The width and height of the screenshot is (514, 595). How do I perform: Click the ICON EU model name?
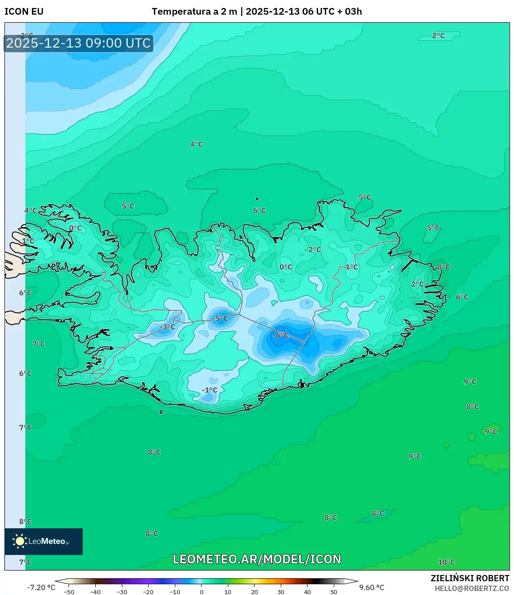[24, 12]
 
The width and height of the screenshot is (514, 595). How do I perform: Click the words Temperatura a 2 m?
[194, 12]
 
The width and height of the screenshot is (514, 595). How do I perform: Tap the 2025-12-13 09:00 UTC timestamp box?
[78, 43]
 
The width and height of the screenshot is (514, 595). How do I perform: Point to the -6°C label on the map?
[280, 335]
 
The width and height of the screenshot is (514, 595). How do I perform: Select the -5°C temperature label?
[219, 318]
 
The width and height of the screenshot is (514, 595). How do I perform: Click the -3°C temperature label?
[167, 327]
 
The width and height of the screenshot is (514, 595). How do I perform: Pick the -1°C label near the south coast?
[209, 390]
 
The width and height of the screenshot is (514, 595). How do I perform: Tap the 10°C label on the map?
[446, 562]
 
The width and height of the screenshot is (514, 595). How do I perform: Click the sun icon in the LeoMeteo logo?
[20, 541]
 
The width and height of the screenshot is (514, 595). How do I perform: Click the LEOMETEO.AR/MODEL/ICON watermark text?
[257, 559]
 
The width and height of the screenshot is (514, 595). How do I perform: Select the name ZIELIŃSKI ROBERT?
[469, 578]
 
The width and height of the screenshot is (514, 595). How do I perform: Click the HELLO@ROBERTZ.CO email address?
[472, 588]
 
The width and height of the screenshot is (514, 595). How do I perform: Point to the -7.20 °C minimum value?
[41, 587]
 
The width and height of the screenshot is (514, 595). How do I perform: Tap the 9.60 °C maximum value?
[372, 587]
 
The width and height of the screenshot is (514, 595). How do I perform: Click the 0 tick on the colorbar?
[202, 592]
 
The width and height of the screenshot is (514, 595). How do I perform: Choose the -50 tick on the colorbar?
[69, 592]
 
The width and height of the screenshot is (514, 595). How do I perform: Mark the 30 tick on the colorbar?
[281, 592]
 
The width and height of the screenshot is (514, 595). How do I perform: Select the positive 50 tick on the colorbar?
[334, 592]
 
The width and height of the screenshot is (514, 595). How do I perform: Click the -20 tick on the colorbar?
[148, 592]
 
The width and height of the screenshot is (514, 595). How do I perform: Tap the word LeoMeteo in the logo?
[47, 541]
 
